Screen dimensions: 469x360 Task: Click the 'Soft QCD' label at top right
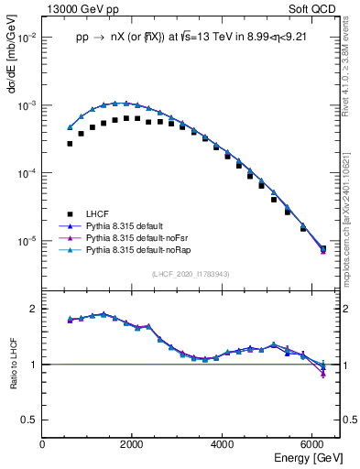316,8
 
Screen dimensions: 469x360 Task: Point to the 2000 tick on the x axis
133,444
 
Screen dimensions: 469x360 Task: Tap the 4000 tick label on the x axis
224,444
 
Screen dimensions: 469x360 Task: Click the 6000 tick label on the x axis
313,444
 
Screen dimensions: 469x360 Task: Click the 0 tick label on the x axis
43,444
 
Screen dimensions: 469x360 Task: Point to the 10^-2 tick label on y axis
26,38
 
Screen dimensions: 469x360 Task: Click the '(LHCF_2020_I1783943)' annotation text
190,274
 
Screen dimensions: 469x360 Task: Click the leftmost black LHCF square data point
70,144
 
